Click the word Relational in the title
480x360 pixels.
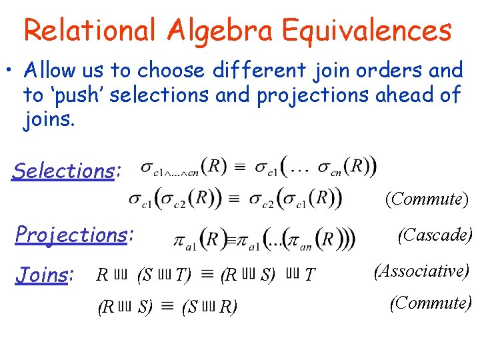(x=89, y=30)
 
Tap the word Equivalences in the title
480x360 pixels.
(x=367, y=30)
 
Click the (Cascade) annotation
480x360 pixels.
(x=435, y=235)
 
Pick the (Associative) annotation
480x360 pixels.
(x=421, y=271)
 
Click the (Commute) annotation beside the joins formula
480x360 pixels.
(x=431, y=303)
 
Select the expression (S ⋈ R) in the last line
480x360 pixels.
(x=209, y=307)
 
